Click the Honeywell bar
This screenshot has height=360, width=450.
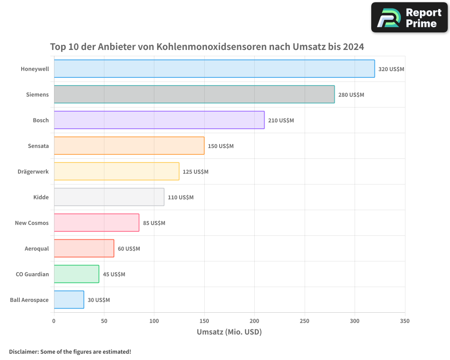point(214,69)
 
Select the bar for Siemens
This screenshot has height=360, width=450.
point(194,94)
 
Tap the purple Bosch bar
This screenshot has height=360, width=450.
point(159,120)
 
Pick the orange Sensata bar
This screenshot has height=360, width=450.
point(129,146)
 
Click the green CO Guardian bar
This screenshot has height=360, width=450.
point(76,274)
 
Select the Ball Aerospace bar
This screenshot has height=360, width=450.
point(69,300)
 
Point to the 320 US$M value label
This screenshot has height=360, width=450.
point(391,69)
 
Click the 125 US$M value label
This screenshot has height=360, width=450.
point(195,172)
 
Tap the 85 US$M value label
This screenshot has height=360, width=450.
point(154,223)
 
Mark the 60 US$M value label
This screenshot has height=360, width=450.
point(129,249)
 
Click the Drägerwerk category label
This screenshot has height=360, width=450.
point(33,172)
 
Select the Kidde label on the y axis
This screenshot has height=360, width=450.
point(41,198)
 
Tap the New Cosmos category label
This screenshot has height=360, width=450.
point(31,223)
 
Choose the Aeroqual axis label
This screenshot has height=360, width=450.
point(36,249)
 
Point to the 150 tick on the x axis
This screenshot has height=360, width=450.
point(204,321)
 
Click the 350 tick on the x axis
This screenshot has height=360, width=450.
point(405,321)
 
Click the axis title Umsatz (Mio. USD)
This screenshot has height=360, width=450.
point(229,332)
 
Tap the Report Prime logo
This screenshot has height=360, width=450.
point(409,18)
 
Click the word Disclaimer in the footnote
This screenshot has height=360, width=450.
point(23,351)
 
